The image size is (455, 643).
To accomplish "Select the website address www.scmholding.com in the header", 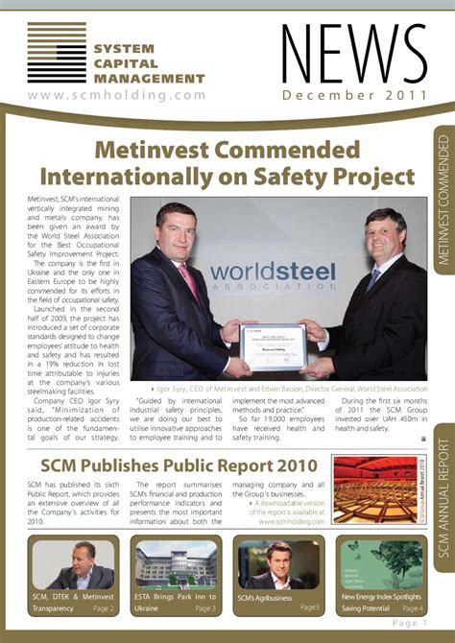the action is (117, 95).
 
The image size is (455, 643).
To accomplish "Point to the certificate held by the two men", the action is (274, 346).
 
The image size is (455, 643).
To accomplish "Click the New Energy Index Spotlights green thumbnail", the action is (381, 565).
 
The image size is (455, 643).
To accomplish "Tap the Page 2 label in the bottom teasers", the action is (104, 608).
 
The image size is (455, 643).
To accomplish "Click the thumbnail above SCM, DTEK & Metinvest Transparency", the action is (73, 565).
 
